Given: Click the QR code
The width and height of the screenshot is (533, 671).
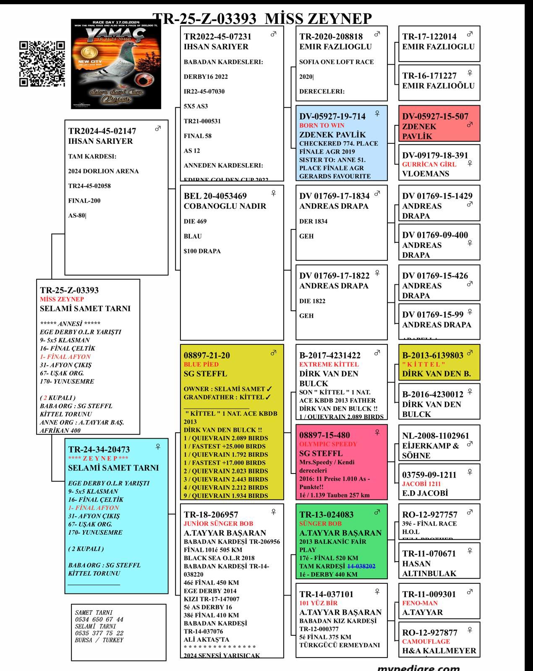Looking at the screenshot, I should click(42, 64).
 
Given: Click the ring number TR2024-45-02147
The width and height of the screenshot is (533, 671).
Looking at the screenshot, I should click(102, 131).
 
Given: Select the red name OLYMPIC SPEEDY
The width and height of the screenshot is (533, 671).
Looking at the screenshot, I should click(328, 444).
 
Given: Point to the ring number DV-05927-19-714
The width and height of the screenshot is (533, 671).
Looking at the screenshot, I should click(332, 117).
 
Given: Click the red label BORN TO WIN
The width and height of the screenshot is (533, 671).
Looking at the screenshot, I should click(322, 125).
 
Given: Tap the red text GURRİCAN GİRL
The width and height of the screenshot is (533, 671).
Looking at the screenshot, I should click(429, 164).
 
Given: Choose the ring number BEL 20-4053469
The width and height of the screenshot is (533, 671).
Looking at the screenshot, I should click(215, 196).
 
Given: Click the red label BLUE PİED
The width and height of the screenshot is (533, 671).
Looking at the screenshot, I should click(201, 364).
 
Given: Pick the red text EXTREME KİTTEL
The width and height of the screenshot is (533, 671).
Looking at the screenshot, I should click(329, 364).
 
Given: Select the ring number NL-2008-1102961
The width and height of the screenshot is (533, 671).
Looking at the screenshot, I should click(436, 436).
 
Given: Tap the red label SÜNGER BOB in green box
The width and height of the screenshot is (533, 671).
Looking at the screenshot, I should click(320, 524).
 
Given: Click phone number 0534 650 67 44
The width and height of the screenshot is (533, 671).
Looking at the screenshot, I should click(99, 619).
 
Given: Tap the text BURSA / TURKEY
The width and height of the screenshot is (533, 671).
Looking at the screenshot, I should click(99, 640).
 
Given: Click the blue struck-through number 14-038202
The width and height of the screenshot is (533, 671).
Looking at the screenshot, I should click(361, 566).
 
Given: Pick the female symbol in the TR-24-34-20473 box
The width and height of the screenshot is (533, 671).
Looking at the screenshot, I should click(158, 447).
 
